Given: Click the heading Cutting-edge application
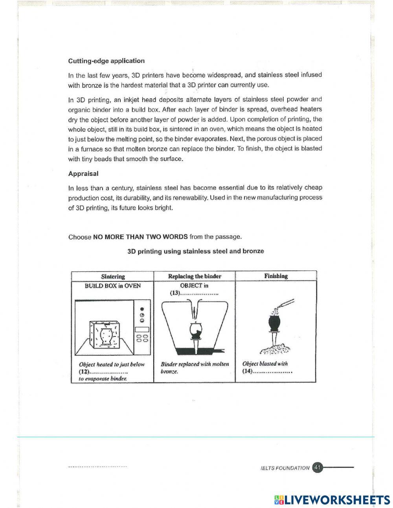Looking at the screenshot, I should point(106,61).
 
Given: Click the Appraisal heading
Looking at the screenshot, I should point(83,174).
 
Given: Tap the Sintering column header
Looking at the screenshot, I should point(113,276).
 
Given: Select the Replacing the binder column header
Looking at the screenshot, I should point(195,276).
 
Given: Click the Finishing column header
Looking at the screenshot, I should point(276,276).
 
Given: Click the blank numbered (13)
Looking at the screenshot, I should point(199,293).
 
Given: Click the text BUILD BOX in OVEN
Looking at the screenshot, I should point(112,286).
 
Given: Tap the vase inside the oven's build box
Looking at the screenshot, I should point(105,335).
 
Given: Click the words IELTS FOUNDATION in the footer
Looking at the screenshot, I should point(285,468).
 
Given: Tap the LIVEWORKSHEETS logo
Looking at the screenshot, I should point(332,500).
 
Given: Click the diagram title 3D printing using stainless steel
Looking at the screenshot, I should point(196,251).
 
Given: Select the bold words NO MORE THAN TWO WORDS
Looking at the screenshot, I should point(140,237).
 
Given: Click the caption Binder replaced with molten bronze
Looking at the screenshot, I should point(195,368).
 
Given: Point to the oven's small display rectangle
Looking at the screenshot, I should point(141,329).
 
